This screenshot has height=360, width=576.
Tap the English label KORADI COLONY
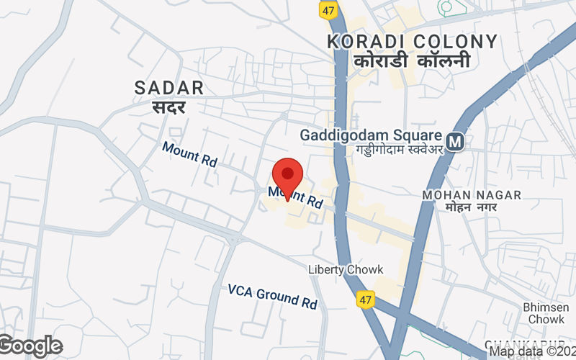tap(412, 42)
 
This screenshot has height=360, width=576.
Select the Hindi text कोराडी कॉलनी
tap(412, 61)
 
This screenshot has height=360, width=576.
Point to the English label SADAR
tap(169, 88)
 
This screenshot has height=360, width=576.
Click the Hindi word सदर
tap(169, 107)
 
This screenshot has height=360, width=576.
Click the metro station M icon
tap(454, 141)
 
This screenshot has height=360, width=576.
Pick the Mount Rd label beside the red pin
tap(296, 197)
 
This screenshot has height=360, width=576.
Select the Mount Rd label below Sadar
tap(189, 153)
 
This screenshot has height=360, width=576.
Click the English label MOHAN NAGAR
tap(472, 195)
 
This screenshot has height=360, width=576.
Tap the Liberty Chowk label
tap(346, 269)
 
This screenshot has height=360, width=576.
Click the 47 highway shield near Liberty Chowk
tap(366, 297)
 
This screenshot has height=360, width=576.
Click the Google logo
tap(30, 346)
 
